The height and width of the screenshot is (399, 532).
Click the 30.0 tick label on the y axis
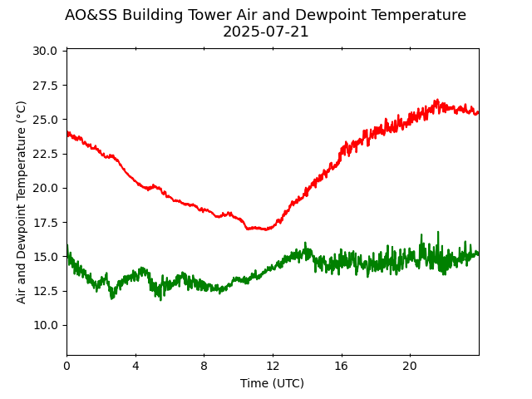pyautogui.click(x=46, y=51)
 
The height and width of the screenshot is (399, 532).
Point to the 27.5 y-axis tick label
pyautogui.click(x=46, y=85)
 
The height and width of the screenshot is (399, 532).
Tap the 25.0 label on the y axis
pyautogui.click(x=46, y=119)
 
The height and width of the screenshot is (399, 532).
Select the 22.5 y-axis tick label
pyautogui.click(x=46, y=154)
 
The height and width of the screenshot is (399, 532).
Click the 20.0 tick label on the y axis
pyautogui.click(x=46, y=188)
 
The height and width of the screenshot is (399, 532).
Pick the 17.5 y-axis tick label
pyautogui.click(x=46, y=222)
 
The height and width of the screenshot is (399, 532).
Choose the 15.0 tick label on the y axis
pyautogui.click(x=46, y=256)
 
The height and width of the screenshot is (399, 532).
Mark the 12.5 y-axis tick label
pyautogui.click(x=46, y=291)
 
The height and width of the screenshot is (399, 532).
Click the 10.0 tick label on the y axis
pyautogui.click(x=46, y=325)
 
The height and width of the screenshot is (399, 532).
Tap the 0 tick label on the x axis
pyautogui.click(x=66, y=366)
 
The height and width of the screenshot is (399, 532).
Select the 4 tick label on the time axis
pyautogui.click(x=135, y=366)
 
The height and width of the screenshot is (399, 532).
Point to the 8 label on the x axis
pyautogui.click(x=204, y=366)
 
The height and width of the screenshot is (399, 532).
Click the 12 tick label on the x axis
pyautogui.click(x=273, y=366)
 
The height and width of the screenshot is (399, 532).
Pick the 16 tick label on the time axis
pyautogui.click(x=341, y=366)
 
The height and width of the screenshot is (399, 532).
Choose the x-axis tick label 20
pyautogui.click(x=410, y=366)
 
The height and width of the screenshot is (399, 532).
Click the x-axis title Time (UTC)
pyautogui.click(x=272, y=383)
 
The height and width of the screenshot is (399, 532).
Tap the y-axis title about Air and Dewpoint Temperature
pyautogui.click(x=22, y=202)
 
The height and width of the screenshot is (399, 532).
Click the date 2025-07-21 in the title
pyautogui.click(x=266, y=32)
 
